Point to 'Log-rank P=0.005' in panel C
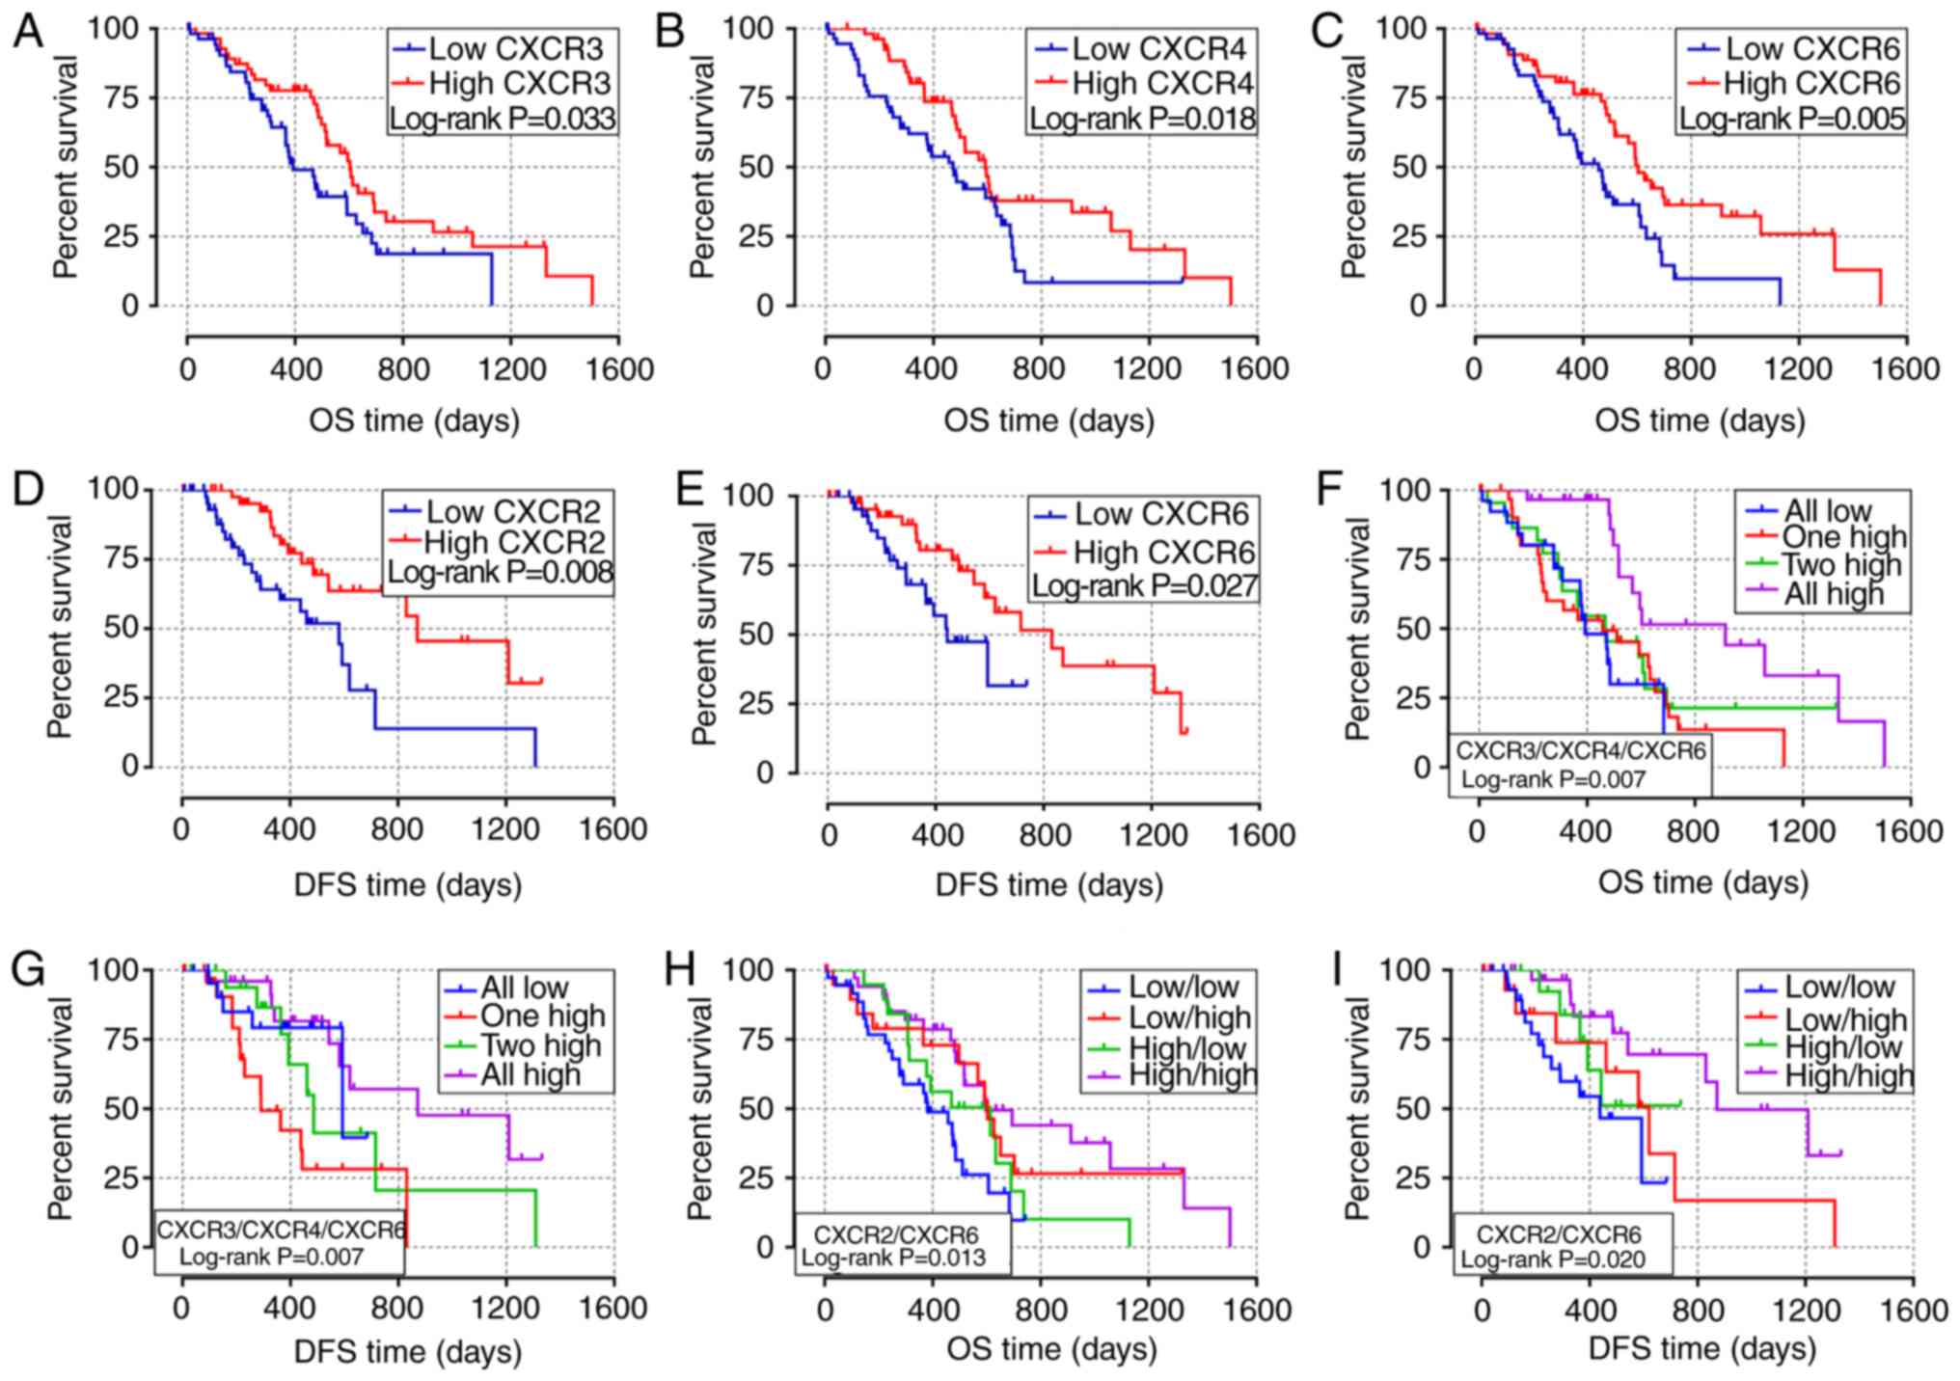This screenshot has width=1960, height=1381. tap(1792, 119)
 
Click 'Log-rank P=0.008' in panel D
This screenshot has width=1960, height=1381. tap(500, 572)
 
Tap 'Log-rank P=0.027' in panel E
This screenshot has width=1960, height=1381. tap(1145, 585)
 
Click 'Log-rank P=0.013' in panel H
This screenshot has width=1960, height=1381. tap(903, 1258)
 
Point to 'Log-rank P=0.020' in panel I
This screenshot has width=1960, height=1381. tap(1562, 1259)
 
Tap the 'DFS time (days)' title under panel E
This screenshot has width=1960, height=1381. tap(1048, 885)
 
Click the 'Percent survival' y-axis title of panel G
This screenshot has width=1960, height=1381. tap(60, 1109)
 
